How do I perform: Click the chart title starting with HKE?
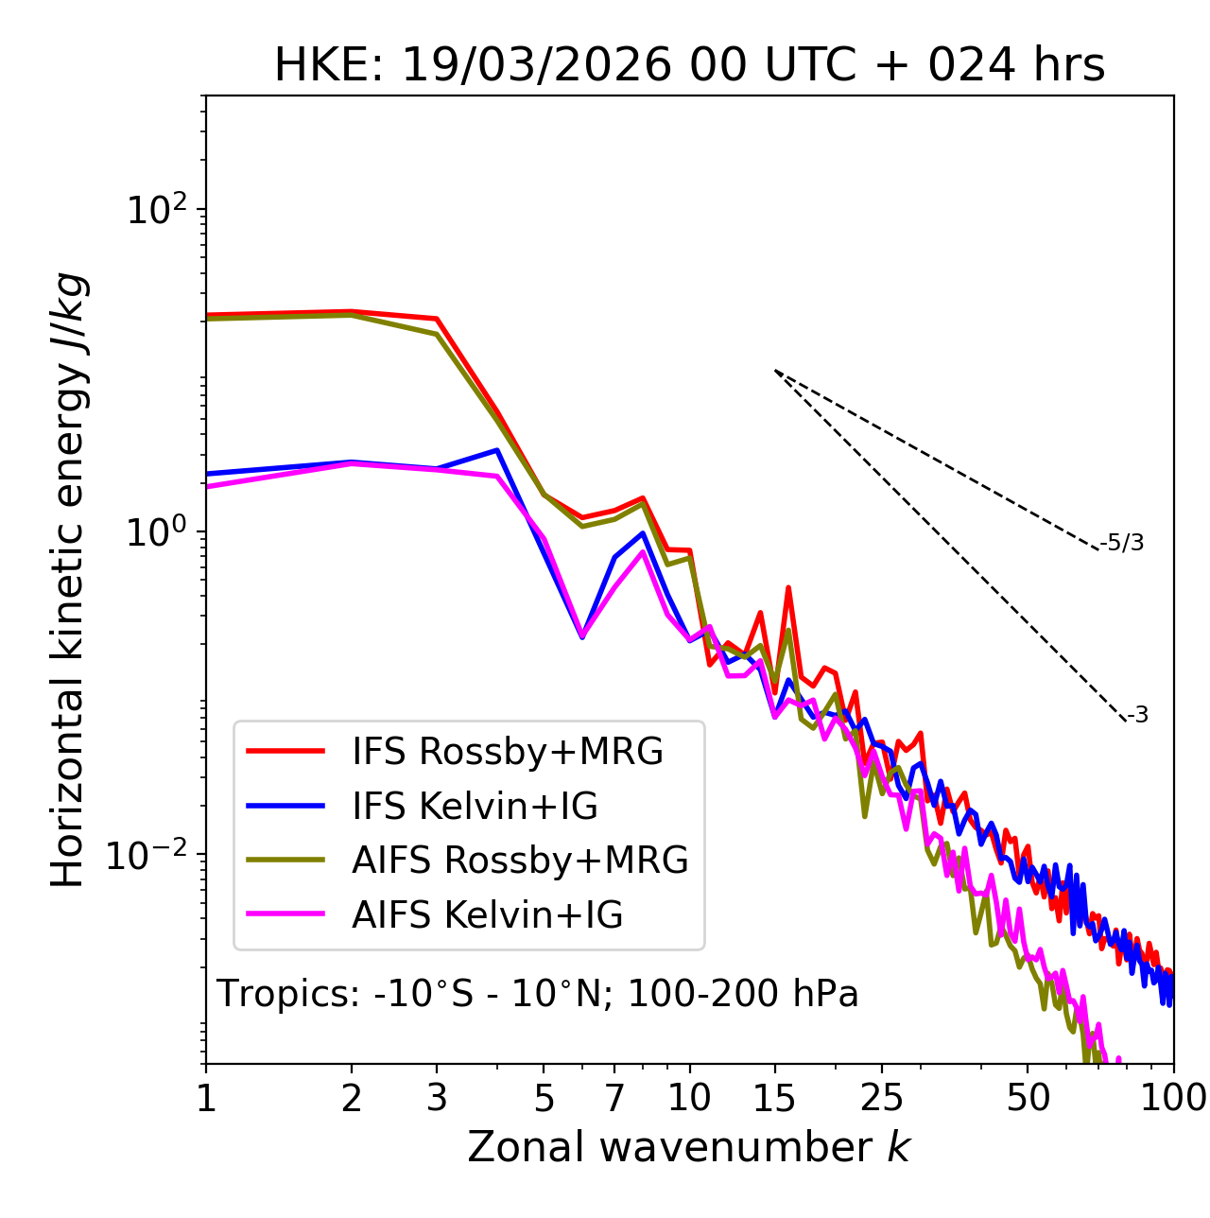coord(689,65)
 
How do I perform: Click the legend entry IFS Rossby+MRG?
coord(507,751)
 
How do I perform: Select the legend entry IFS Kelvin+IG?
coord(475,806)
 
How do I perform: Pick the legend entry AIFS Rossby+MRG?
coord(520,860)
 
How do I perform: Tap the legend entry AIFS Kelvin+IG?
coord(487,914)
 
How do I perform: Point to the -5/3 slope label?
coord(1122,543)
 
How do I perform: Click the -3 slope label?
coord(1137,716)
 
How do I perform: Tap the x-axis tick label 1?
coord(206,1098)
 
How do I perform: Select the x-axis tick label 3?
coord(437,1098)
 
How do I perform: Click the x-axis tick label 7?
coord(614,1098)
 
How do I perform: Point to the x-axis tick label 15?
coord(774,1098)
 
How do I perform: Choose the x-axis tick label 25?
coord(882,1098)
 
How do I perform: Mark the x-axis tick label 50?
coord(1028,1098)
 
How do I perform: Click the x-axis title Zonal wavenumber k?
coord(689,1147)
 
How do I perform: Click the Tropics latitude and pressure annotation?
coord(537,994)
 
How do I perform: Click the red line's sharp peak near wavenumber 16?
coord(787,588)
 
